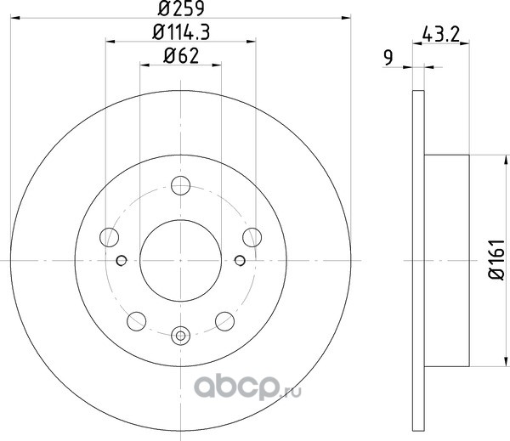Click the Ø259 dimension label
pos(181,8)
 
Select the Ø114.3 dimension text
pos(181,32)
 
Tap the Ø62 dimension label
pos(181,56)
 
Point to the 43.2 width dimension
pos(440,34)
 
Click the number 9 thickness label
pos(388,58)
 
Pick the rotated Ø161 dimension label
pos(496,259)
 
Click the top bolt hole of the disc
pos(180,185)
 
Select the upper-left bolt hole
pos(110,237)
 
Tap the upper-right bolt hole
pos(252,237)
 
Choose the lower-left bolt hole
pos(137,321)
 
